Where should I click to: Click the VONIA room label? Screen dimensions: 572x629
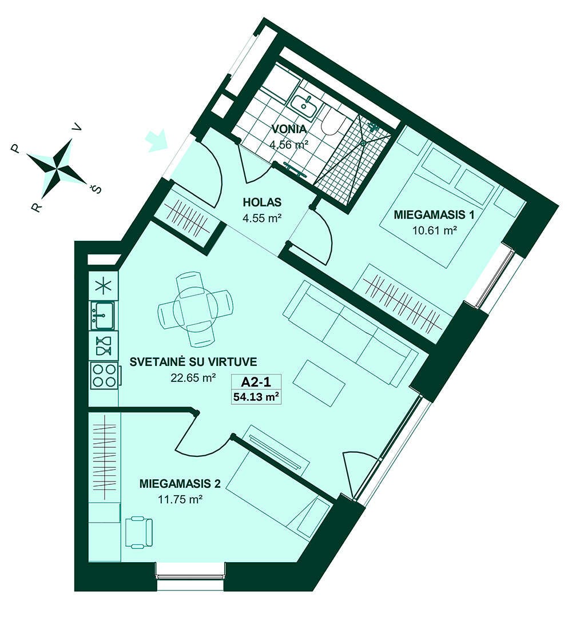pyautogui.click(x=289, y=129)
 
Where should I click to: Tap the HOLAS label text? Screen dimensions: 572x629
pyautogui.click(x=262, y=202)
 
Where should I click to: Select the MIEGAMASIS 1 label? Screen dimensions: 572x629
pyautogui.click(x=434, y=214)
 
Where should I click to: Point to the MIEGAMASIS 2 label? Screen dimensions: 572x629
pyautogui.click(x=180, y=483)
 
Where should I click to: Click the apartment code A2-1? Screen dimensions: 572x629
pyautogui.click(x=256, y=381)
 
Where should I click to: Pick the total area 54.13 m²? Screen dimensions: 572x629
pyautogui.click(x=256, y=397)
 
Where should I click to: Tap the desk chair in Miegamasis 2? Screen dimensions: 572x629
pyautogui.click(x=139, y=532)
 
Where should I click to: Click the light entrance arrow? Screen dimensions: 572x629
pyautogui.click(x=156, y=141)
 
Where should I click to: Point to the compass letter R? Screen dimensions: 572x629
pyautogui.click(x=36, y=207)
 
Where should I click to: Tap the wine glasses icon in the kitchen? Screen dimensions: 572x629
pyautogui.click(x=104, y=346)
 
